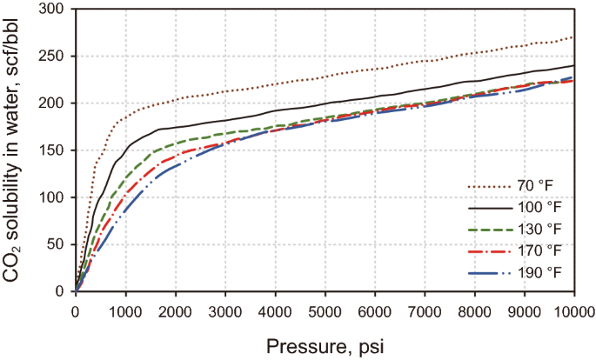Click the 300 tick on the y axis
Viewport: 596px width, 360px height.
pos(58,10)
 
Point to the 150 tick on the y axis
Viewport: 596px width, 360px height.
pos(58,150)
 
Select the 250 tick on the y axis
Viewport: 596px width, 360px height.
pos(58,57)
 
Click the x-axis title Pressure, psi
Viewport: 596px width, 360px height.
pos(324,345)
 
